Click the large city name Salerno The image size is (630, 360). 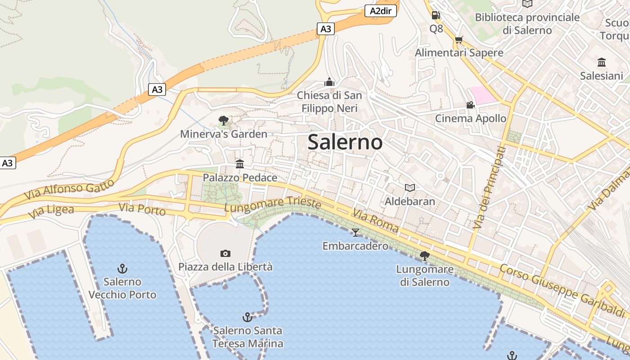click(345, 142)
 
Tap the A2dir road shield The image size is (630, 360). click(380, 11)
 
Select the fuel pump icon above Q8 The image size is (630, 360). click(436, 15)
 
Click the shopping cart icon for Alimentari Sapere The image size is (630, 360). click(459, 40)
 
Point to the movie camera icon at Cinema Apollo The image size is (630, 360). click(470, 105)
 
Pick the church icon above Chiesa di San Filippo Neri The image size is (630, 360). click(329, 82)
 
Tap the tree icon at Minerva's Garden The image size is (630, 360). click(223, 120)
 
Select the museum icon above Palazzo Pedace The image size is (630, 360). click(240, 164)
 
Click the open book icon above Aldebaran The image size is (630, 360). click(409, 188)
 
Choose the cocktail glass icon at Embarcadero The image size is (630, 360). click(355, 232)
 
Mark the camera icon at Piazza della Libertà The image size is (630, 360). click(225, 254)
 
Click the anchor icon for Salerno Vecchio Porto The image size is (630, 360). click(122, 269)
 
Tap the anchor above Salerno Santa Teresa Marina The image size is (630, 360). click(247, 317)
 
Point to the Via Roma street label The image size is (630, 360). click(375, 220)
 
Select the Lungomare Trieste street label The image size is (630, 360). click(272, 205)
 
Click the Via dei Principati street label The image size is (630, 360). click(489, 188)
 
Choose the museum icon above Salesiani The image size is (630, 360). click(601, 62)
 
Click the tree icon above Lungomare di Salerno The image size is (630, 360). click(424, 256)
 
